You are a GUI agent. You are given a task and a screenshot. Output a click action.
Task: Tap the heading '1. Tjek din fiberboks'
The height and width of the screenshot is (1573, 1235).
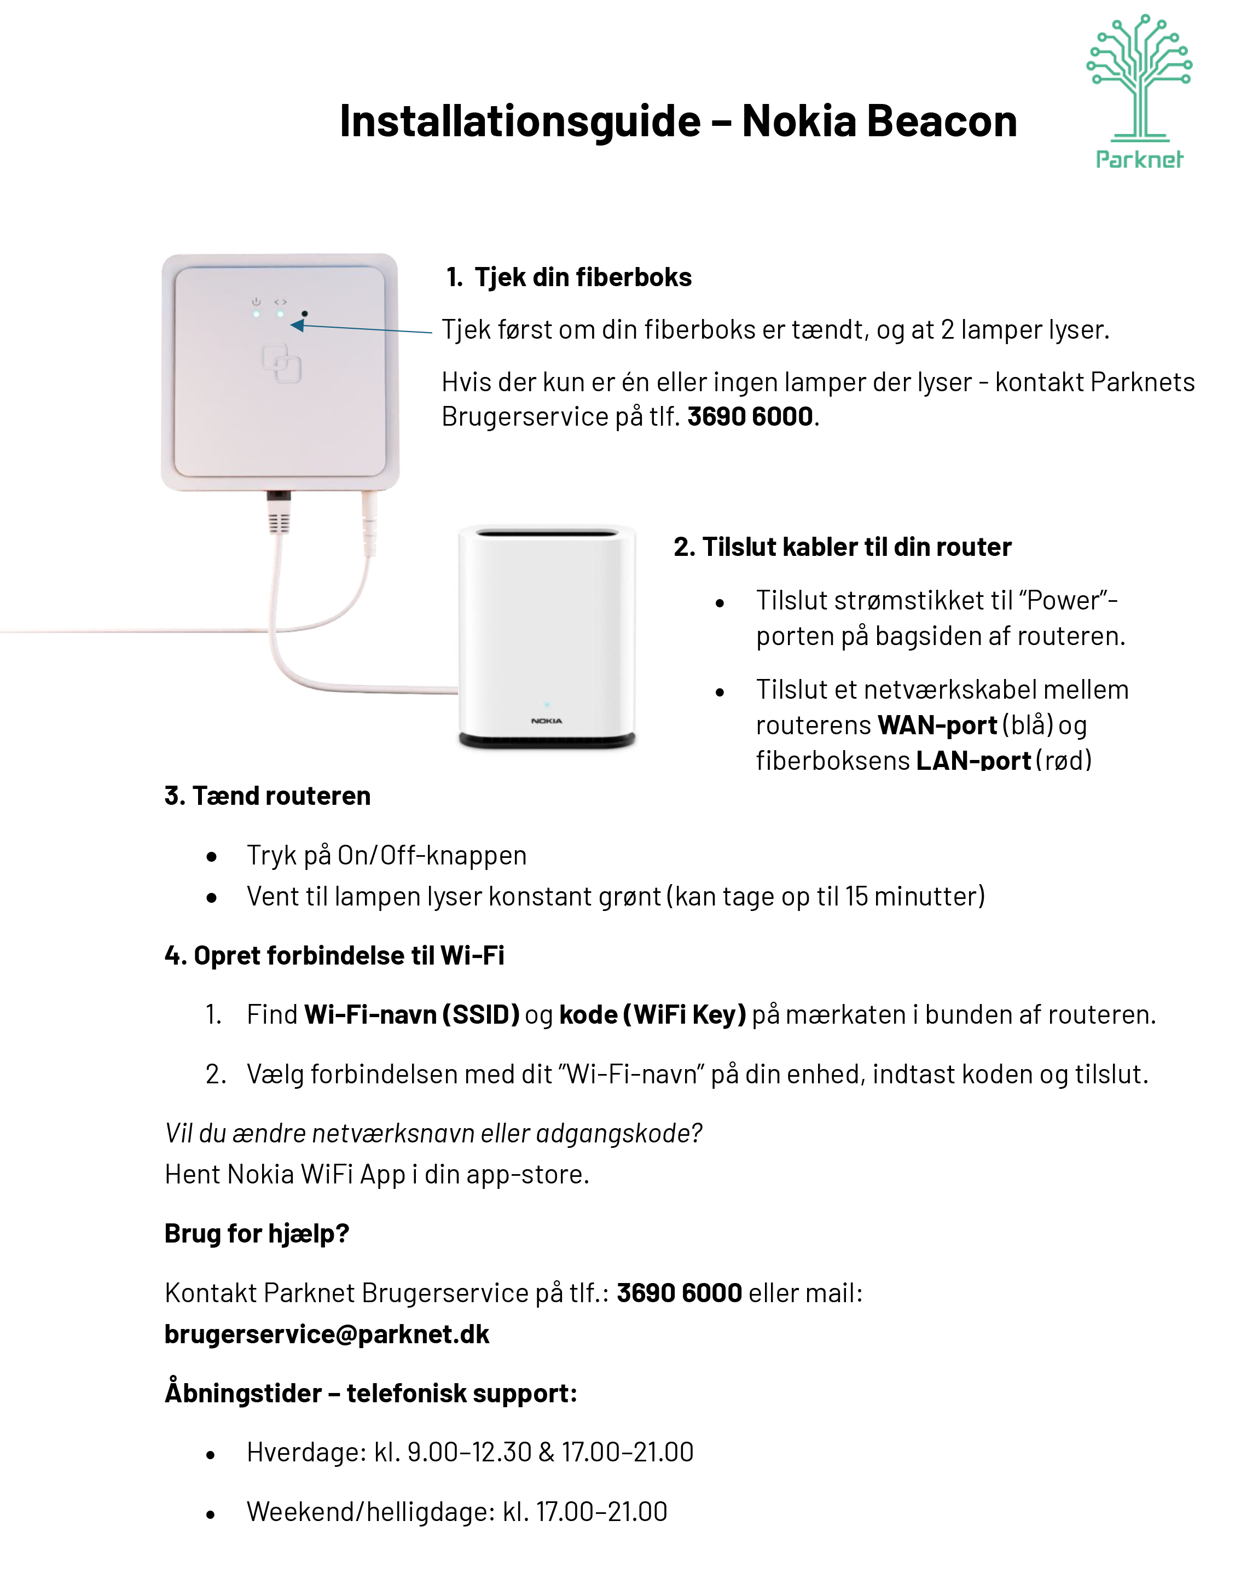(569, 277)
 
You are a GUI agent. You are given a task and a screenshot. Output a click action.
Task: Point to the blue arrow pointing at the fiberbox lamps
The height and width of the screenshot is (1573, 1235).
(362, 328)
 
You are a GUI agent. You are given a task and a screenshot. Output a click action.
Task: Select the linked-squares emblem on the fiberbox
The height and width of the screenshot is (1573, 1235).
(281, 364)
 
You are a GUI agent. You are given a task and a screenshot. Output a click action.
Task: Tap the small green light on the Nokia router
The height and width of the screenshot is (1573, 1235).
(547, 704)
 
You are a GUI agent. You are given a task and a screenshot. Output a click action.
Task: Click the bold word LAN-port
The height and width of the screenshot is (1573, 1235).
(973, 761)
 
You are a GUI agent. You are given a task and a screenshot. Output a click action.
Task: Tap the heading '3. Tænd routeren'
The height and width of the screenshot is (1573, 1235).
(268, 796)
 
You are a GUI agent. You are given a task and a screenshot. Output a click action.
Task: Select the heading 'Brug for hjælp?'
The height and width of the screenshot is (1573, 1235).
(257, 1233)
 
